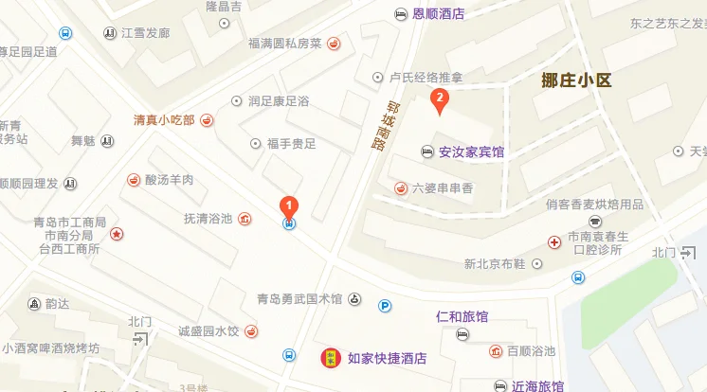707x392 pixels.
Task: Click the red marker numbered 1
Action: click(x=289, y=205)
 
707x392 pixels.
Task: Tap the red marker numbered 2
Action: click(x=439, y=98)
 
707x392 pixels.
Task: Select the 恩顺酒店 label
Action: click(x=439, y=13)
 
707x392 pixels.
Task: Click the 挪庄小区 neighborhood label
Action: click(x=578, y=80)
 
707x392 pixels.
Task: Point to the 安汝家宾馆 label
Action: click(x=471, y=151)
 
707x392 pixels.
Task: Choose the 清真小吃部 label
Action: click(x=163, y=120)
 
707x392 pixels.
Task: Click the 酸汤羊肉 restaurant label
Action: click(x=169, y=180)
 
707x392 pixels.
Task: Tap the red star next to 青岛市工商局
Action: click(x=116, y=234)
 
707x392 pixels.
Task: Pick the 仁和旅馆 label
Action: click(x=462, y=315)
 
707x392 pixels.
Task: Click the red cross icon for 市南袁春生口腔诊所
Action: click(x=554, y=242)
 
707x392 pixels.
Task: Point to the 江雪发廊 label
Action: click(x=145, y=33)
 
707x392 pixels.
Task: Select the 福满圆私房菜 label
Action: click(x=284, y=43)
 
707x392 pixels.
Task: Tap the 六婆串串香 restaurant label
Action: click(x=443, y=187)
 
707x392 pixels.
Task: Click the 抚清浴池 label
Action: click(x=208, y=219)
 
